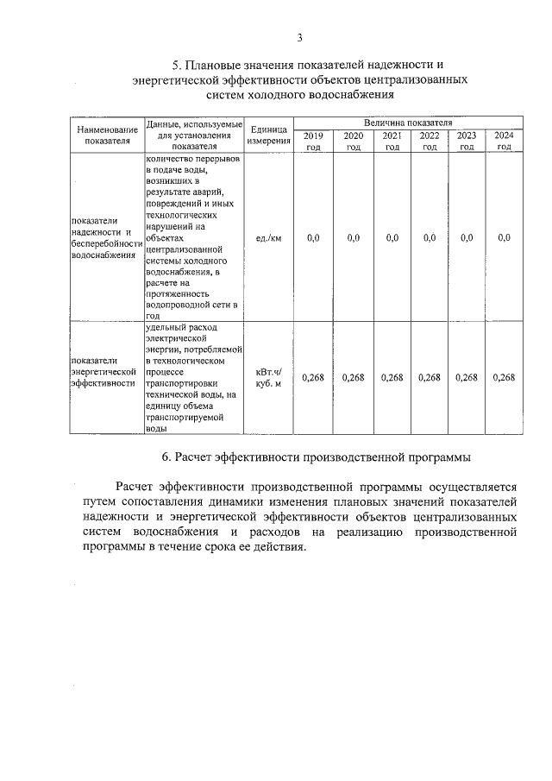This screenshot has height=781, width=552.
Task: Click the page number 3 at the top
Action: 299,37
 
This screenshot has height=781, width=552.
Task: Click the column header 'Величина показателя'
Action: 407,123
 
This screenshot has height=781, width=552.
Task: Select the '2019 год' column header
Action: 313,141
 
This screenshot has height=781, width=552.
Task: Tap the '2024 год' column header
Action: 505,141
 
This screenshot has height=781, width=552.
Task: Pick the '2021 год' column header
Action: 392,141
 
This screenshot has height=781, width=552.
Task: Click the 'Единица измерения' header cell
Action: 268,135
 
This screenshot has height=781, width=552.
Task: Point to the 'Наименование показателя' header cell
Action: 106,135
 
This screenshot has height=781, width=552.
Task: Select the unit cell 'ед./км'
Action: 268,237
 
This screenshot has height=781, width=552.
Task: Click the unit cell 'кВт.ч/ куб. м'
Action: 268,377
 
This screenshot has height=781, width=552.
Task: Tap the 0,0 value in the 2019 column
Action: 313,237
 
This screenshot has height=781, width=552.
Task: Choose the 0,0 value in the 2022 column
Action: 429,237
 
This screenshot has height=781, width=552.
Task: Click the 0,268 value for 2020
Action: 353,377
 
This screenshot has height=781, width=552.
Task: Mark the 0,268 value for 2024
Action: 504,377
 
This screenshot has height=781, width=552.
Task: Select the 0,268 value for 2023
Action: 467,377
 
